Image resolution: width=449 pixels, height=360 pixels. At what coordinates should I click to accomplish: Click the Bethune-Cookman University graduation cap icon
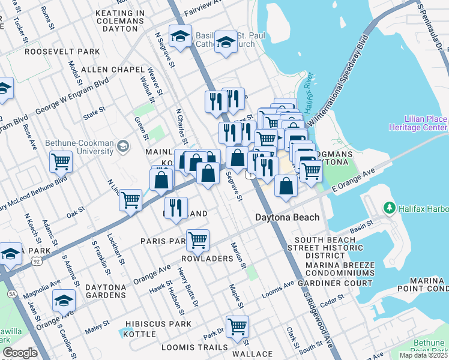click(123, 146)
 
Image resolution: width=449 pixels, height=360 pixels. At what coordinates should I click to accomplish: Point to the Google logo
click(20, 353)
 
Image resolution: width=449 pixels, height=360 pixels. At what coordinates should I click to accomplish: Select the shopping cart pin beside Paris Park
click(197, 240)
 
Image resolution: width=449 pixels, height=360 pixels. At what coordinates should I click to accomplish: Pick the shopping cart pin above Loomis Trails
click(237, 326)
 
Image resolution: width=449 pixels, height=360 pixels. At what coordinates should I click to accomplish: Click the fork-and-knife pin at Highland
click(175, 208)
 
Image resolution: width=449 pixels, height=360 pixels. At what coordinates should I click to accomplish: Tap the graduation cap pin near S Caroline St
click(64, 300)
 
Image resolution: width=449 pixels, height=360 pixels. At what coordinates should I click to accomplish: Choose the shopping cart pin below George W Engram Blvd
click(61, 161)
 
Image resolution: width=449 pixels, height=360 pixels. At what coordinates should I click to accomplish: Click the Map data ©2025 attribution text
click(423, 355)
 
